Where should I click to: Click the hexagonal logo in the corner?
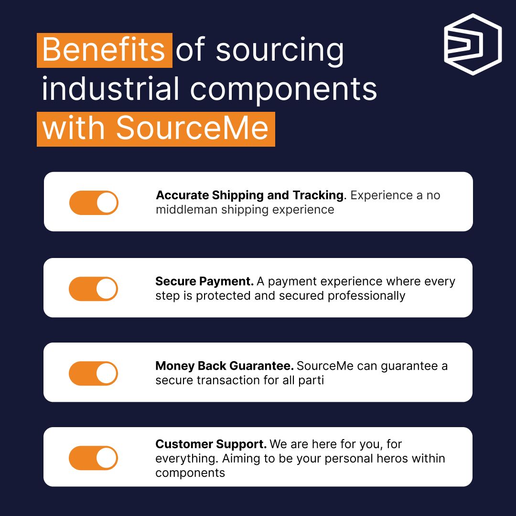coord(472,44)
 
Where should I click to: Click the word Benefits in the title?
coord(104,50)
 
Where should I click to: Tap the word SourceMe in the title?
coord(192,129)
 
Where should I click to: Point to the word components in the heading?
coord(284,89)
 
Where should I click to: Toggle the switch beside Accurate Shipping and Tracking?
coord(94,203)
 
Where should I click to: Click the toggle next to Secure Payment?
coord(94,289)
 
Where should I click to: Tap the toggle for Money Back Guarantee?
coord(94,373)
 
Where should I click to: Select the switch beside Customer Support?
coord(94,458)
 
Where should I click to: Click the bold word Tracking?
coord(318,195)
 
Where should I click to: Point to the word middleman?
coord(187,210)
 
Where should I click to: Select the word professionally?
coord(366,296)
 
